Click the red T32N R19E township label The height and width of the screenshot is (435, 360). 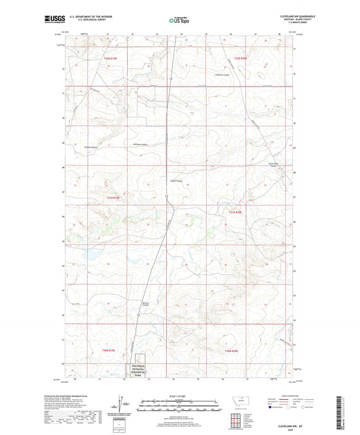click(111, 59)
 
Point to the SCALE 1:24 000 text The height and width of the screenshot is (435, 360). click(179, 395)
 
